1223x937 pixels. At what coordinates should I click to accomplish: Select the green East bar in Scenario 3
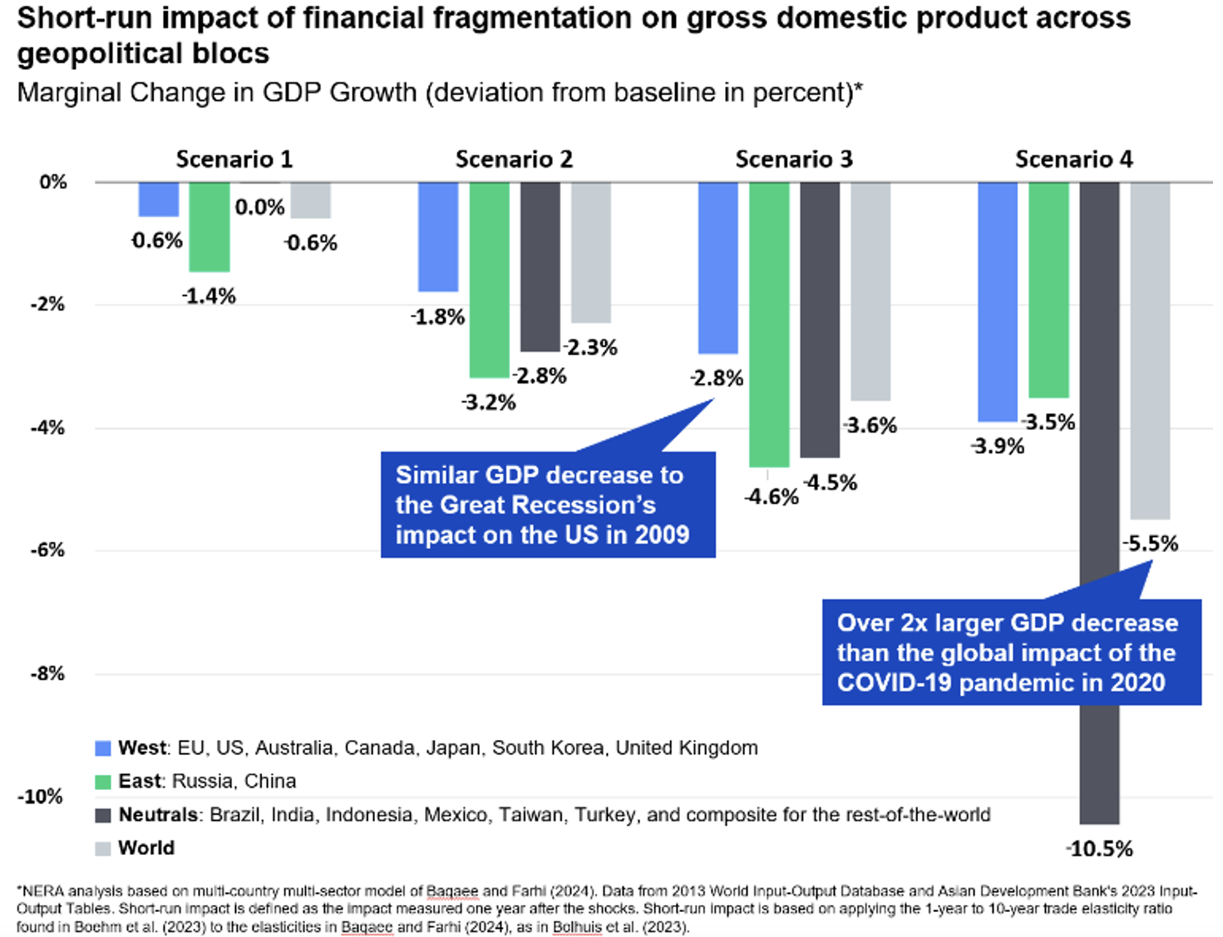(x=769, y=325)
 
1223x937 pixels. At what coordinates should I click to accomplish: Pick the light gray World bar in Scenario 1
(x=311, y=201)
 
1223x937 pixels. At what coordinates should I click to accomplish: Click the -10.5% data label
(x=1099, y=848)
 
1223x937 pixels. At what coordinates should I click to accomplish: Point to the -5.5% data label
(x=1150, y=543)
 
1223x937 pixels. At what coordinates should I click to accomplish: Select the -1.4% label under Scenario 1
(x=209, y=296)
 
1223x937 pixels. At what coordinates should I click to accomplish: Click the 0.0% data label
(x=259, y=207)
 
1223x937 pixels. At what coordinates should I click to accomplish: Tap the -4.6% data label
(x=772, y=496)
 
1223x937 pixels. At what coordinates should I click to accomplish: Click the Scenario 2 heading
(x=514, y=159)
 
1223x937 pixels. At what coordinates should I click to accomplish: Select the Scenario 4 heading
(x=1074, y=159)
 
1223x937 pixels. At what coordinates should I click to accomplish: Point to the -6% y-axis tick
(x=48, y=550)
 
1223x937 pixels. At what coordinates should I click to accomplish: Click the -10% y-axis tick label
(x=41, y=796)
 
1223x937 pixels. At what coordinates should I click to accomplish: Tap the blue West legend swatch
(x=103, y=748)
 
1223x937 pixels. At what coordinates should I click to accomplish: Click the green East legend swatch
(x=103, y=782)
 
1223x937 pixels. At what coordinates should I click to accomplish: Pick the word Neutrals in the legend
(x=158, y=815)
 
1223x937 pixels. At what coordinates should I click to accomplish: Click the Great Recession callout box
(x=547, y=505)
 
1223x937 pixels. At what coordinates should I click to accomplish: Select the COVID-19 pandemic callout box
(x=1011, y=652)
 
